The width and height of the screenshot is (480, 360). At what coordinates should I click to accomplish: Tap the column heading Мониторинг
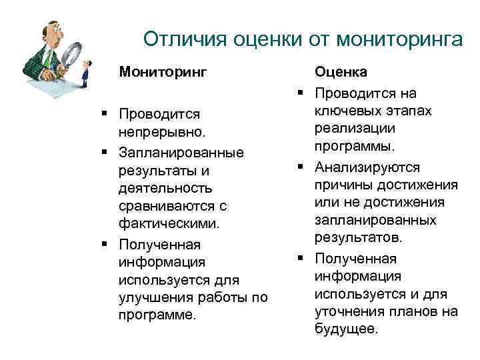pos(163,70)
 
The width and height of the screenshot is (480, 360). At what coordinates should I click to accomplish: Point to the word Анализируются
pos(367,167)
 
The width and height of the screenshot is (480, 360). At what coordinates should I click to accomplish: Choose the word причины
pos(341,185)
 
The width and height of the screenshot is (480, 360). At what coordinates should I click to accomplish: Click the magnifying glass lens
pos(73,53)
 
